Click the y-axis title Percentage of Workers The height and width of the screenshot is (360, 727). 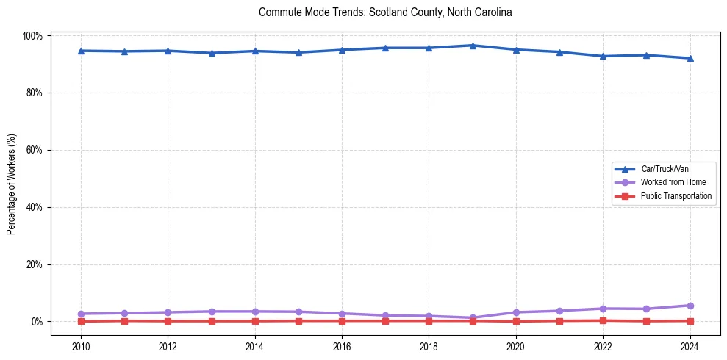click(12, 179)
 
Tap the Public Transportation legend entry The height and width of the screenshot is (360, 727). click(676, 196)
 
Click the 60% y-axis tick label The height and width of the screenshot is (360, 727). click(33, 150)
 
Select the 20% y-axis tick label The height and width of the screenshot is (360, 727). click(33, 264)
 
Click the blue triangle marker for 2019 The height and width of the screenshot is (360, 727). click(473, 46)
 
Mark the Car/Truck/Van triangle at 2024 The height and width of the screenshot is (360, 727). click(690, 58)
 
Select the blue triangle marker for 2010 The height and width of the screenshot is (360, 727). click(81, 51)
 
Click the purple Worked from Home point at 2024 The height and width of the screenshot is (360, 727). click(690, 306)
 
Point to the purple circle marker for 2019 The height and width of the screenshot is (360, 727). click(473, 318)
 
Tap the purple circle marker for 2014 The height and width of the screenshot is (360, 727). click(255, 312)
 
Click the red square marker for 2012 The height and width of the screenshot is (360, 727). click(168, 321)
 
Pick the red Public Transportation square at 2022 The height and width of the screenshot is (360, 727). click(603, 320)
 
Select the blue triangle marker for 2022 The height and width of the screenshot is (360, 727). click(603, 56)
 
